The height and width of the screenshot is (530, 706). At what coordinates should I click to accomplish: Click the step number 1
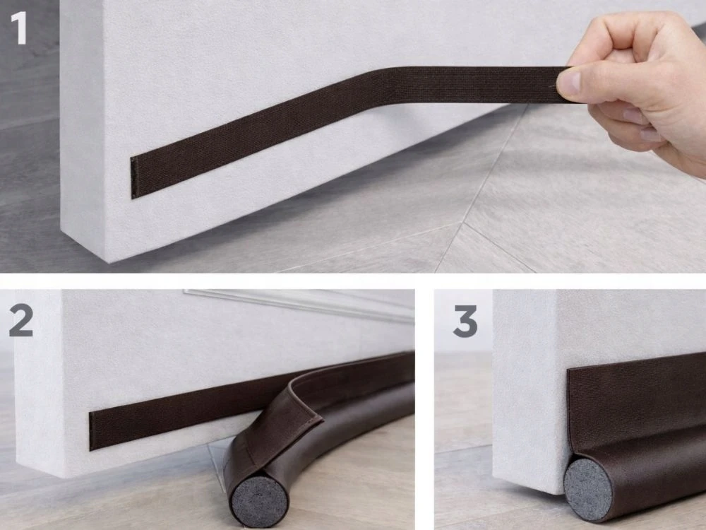pyautogui.click(x=19, y=28)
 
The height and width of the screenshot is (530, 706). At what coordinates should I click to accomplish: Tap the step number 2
pyautogui.click(x=21, y=320)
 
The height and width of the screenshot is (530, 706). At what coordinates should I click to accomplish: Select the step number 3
pyautogui.click(x=465, y=322)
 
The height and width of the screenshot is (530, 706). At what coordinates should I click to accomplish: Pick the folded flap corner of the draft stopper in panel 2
pyautogui.click(x=321, y=420)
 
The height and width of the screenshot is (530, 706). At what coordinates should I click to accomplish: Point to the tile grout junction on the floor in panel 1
pyautogui.click(x=464, y=223)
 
